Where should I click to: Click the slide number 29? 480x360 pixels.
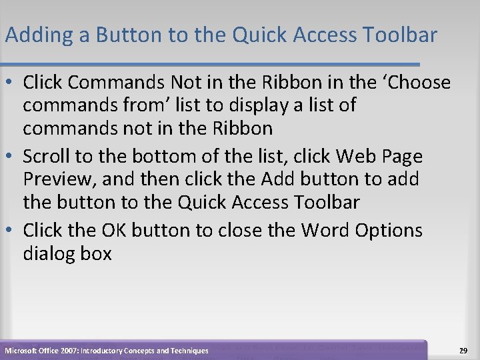click(463, 349)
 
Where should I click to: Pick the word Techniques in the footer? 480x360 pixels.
click(188, 350)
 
